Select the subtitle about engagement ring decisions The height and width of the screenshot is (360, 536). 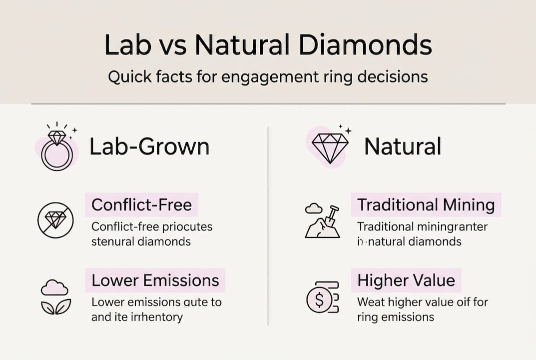pyautogui.click(x=268, y=77)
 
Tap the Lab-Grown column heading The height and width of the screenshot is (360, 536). pyautogui.click(x=149, y=147)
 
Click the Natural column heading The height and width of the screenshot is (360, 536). pyautogui.click(x=402, y=147)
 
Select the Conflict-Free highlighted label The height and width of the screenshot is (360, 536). pyautogui.click(x=141, y=205)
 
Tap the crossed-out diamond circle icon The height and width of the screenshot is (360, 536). pyautogui.click(x=55, y=220)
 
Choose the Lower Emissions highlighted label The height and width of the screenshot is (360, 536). pyautogui.click(x=155, y=280)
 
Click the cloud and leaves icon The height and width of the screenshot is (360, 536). pyautogui.click(x=55, y=297)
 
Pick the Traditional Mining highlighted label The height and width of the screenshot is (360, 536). pyautogui.click(x=426, y=205)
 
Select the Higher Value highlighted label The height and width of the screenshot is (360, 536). pyautogui.click(x=406, y=280)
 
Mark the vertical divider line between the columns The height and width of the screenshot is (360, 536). pyautogui.click(x=268, y=225)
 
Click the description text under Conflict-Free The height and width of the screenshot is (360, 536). pyautogui.click(x=152, y=234)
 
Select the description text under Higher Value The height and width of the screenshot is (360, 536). pyautogui.click(x=422, y=309)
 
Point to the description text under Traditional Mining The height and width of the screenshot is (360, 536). pyautogui.click(x=422, y=234)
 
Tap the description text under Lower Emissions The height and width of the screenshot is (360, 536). pyautogui.click(x=156, y=309)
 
